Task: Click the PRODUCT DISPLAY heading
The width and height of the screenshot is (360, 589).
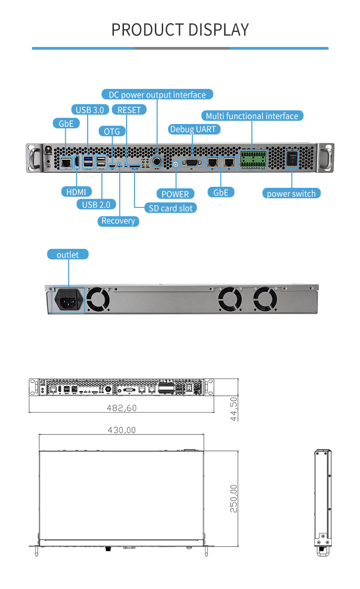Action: click(180, 30)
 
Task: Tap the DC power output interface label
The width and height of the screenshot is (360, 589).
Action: click(157, 94)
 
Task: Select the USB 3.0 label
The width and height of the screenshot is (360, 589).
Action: click(90, 109)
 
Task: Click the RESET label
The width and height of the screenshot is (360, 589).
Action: click(129, 109)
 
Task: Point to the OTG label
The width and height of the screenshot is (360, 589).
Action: click(112, 131)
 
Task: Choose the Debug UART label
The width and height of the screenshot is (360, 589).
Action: click(193, 129)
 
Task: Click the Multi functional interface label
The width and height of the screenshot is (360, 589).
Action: click(252, 116)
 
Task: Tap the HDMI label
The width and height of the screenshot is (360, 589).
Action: click(76, 191)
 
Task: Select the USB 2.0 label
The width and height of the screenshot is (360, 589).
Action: click(96, 204)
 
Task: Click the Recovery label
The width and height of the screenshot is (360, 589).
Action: click(118, 221)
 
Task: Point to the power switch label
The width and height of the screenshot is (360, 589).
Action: click(291, 193)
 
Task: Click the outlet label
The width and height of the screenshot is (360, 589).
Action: click(67, 254)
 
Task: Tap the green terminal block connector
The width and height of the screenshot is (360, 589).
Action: click(253, 159)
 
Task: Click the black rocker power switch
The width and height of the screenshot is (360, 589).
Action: click(292, 160)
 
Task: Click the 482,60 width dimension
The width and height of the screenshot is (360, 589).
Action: click(122, 408)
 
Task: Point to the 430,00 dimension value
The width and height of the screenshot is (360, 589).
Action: click(122, 430)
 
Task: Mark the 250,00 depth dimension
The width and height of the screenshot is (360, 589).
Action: click(233, 498)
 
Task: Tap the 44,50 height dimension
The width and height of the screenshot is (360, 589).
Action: click(233, 408)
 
